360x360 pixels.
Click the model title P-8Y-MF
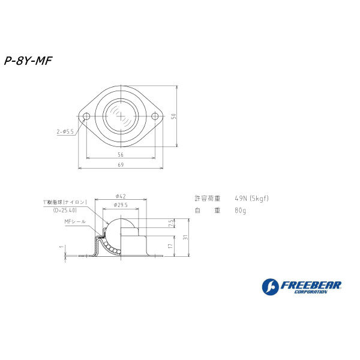28,61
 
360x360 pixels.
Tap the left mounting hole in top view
86,116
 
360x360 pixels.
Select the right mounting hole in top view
155,116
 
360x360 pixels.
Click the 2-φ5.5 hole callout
65,132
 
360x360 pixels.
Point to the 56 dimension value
121,155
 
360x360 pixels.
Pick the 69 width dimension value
121,165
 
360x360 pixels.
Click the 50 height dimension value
174,116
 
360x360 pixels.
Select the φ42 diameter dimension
121,196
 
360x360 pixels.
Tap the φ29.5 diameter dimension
121,205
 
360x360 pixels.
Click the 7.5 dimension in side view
170,223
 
